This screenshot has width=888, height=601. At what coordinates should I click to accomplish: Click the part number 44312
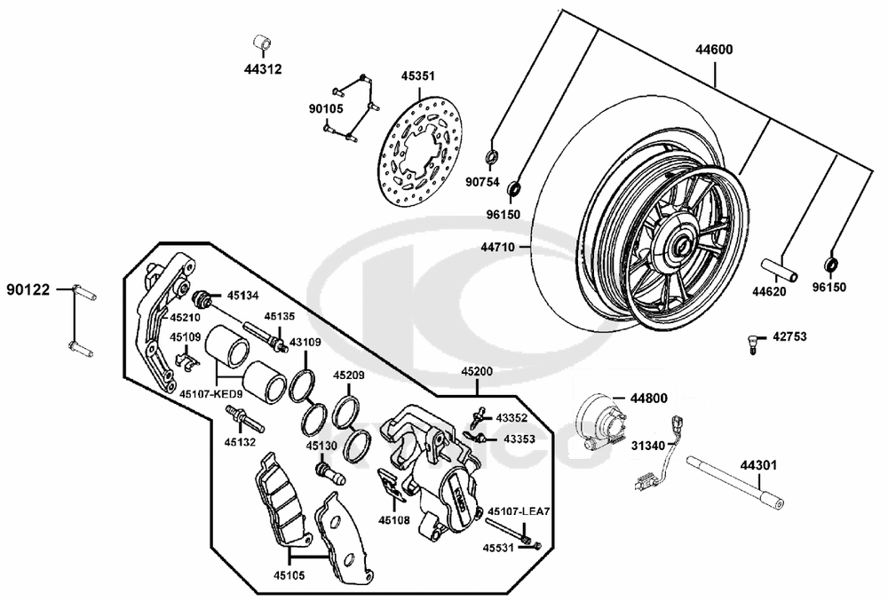point(264,68)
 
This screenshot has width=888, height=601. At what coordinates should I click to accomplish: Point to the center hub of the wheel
point(681,245)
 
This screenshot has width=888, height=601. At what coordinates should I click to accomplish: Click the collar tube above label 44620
point(777,266)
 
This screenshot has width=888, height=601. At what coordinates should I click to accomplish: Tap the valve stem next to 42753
point(752,342)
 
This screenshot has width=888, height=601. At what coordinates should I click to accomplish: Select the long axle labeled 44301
point(738,488)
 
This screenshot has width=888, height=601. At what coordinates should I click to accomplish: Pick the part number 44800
point(649,399)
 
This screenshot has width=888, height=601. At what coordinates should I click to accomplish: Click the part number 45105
point(289,575)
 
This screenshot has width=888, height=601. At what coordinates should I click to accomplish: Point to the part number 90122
point(28,289)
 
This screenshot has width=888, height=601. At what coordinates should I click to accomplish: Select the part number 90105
point(326,108)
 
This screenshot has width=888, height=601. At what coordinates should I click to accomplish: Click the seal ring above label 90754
point(495,159)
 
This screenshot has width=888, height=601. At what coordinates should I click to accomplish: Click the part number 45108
point(394,520)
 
